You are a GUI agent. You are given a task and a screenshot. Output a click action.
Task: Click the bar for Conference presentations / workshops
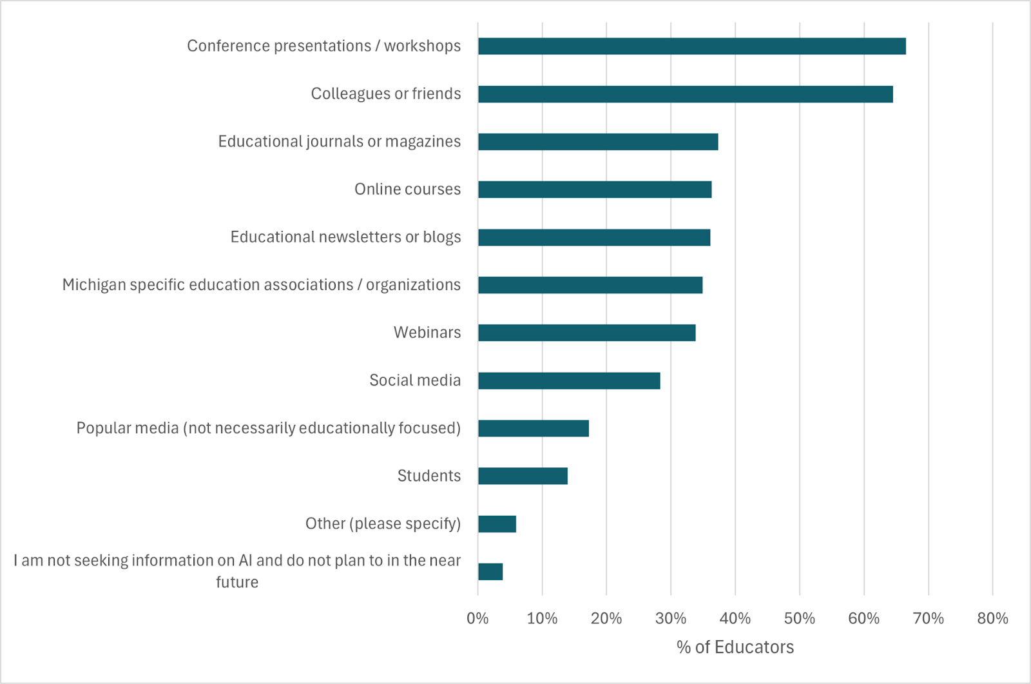coord(691,46)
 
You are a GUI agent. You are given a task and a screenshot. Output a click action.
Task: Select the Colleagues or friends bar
coord(685,94)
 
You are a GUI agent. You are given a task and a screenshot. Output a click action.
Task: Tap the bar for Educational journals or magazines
coord(598,142)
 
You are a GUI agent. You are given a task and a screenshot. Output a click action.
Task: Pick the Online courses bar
coord(595,190)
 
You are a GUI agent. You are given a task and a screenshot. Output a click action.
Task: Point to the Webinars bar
coord(586,333)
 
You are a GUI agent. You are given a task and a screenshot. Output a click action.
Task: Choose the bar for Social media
coord(569,380)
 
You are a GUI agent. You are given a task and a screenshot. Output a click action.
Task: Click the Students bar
coord(523,476)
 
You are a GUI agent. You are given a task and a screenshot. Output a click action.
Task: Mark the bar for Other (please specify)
coord(497,523)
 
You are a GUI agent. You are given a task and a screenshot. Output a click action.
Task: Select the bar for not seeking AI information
coord(490,572)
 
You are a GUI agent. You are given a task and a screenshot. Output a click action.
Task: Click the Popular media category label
coord(268,428)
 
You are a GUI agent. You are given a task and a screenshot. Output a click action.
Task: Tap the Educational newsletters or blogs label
coord(345,237)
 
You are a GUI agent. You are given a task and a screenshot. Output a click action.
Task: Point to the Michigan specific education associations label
coord(261,285)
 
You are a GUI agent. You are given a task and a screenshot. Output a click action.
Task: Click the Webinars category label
coord(427,333)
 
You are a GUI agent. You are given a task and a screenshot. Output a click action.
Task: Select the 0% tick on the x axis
coord(477,619)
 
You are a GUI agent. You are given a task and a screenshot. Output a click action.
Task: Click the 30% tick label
coord(671,619)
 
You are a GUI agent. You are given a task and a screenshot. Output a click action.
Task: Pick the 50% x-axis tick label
coord(800,619)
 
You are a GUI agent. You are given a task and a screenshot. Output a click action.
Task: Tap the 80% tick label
coord(992,619)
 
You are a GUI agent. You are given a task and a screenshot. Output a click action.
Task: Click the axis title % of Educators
coord(735,647)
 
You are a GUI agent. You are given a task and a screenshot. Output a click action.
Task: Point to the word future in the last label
coord(237,582)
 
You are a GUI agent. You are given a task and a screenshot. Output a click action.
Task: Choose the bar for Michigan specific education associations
coord(590,285)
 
